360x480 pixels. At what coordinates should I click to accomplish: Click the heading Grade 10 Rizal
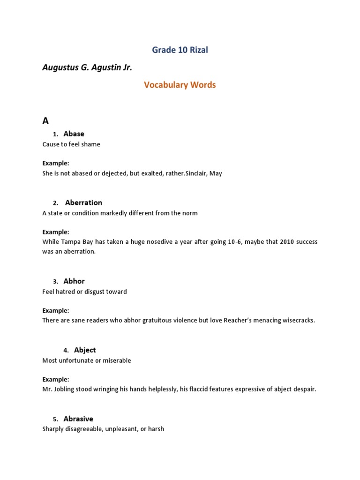click(180, 50)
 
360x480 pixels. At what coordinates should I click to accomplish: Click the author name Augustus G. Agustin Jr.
click(87, 68)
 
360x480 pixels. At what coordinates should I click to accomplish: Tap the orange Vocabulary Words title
click(180, 85)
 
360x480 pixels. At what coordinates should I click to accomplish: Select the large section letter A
click(45, 121)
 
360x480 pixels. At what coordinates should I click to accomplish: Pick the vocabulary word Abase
click(74, 134)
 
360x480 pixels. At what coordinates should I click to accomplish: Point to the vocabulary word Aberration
click(83, 203)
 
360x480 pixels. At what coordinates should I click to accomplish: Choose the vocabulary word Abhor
click(74, 281)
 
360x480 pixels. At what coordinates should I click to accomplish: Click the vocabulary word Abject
click(85, 350)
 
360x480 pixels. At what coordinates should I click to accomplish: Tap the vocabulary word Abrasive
click(78, 419)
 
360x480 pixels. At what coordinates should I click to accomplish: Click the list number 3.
click(55, 282)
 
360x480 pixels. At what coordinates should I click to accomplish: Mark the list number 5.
click(55, 420)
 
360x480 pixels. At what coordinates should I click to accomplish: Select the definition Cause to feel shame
click(71, 144)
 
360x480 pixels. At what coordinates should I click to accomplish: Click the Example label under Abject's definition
click(56, 379)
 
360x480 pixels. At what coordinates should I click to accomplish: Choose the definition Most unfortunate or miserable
click(87, 360)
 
